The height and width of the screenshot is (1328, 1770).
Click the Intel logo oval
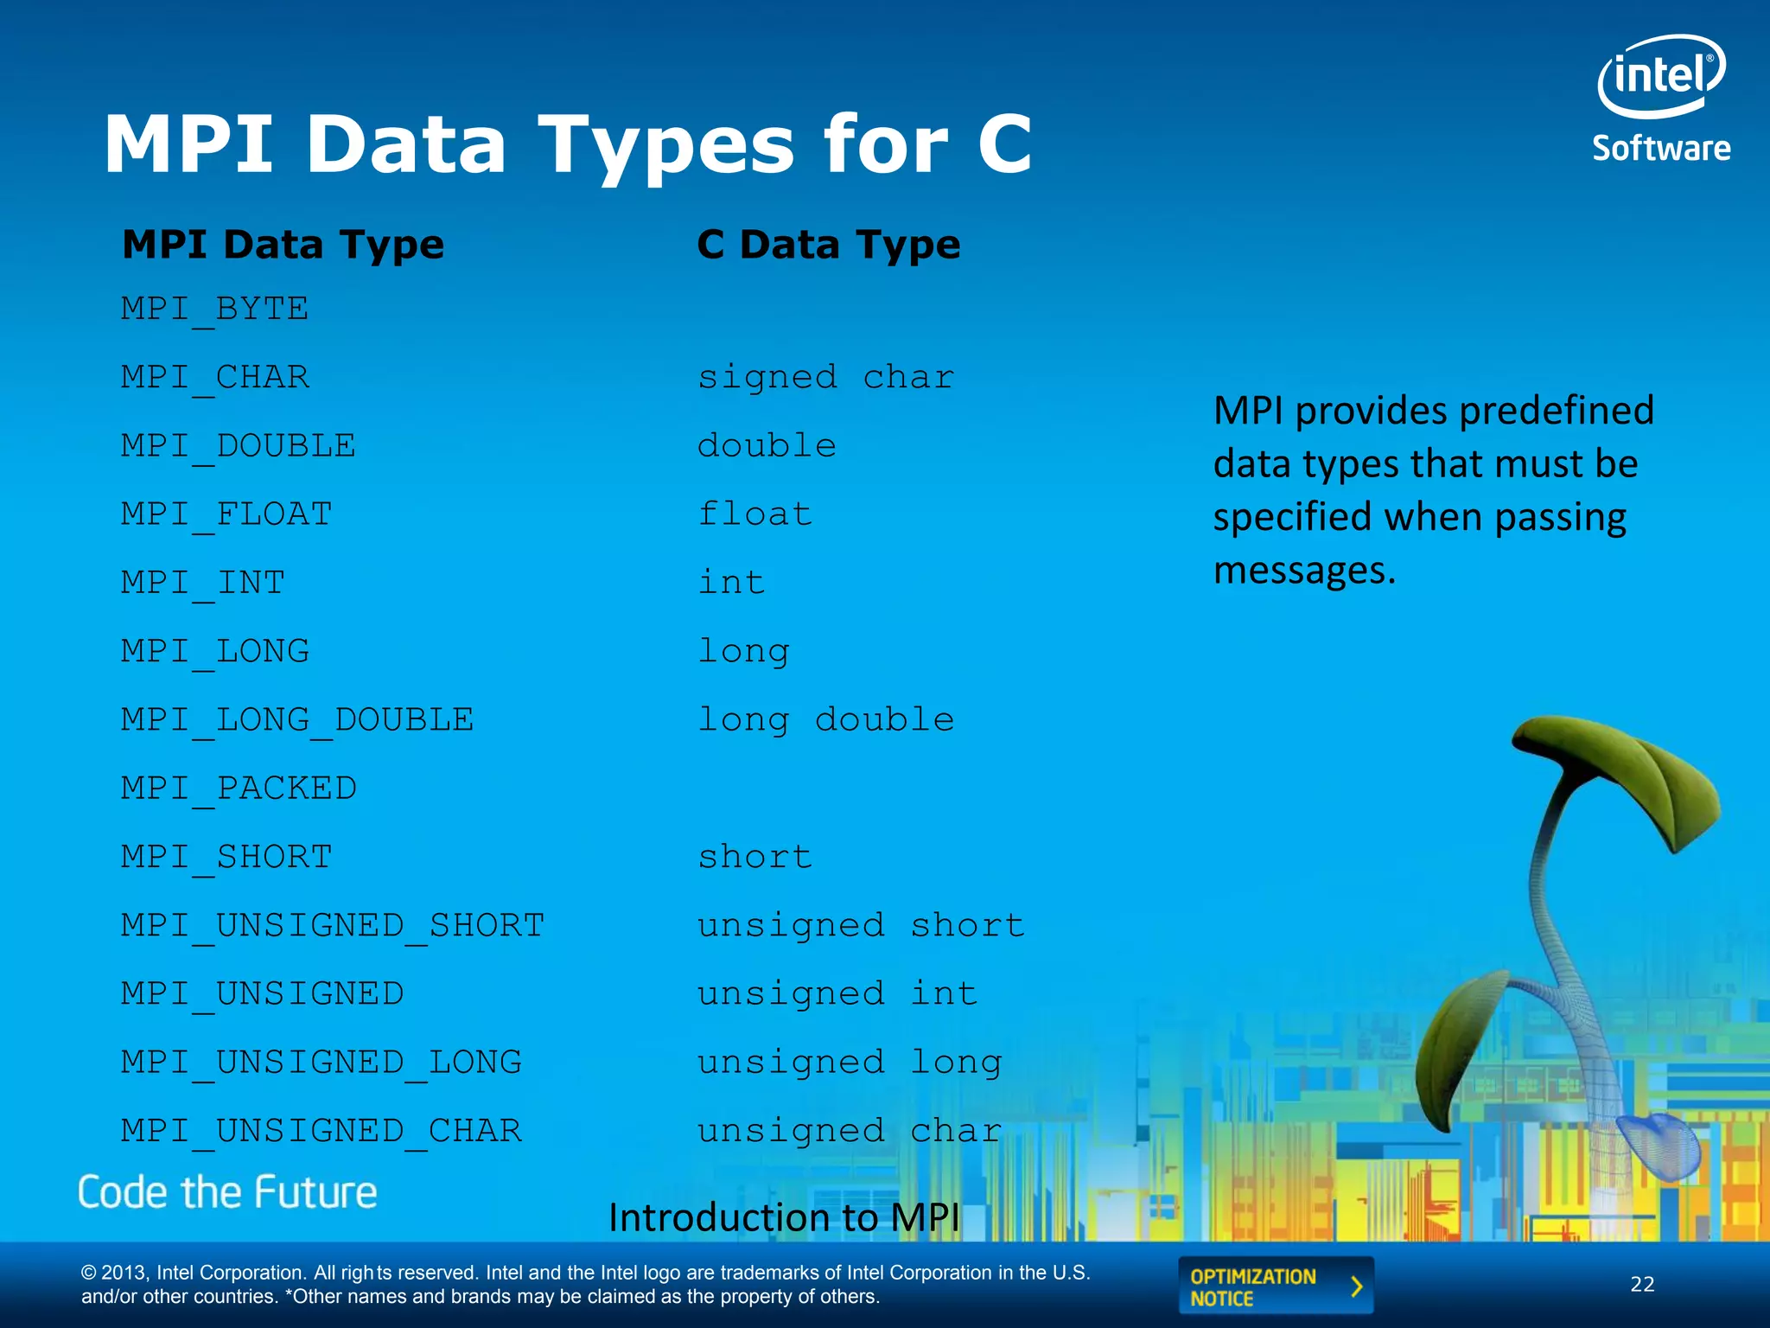coord(1660,76)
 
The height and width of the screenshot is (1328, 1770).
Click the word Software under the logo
coord(1661,149)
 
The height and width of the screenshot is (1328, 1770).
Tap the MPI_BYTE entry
coord(214,309)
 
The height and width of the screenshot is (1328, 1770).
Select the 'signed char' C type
coord(825,377)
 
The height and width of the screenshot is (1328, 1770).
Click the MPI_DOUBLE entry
coord(239,446)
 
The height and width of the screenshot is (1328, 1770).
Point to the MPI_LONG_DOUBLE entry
coord(297,720)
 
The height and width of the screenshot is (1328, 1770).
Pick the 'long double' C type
coord(825,720)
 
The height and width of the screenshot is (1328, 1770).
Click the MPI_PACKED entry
coord(239,788)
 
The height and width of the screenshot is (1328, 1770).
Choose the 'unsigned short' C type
coord(861,926)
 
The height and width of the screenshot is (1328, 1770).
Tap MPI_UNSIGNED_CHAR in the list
coord(322,1131)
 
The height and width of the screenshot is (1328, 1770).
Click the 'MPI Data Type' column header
coord(283,245)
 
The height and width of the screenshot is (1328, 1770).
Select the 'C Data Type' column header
coord(828,245)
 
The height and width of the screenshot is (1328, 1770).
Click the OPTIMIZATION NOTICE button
coord(1275,1286)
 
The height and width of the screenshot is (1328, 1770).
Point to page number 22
coord(1642,1285)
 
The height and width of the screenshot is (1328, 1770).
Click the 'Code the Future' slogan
coord(227,1192)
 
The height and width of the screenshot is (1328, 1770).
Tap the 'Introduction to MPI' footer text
coord(784,1217)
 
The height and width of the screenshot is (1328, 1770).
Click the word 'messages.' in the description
coord(1304,571)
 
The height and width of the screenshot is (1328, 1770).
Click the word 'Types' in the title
coord(665,144)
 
